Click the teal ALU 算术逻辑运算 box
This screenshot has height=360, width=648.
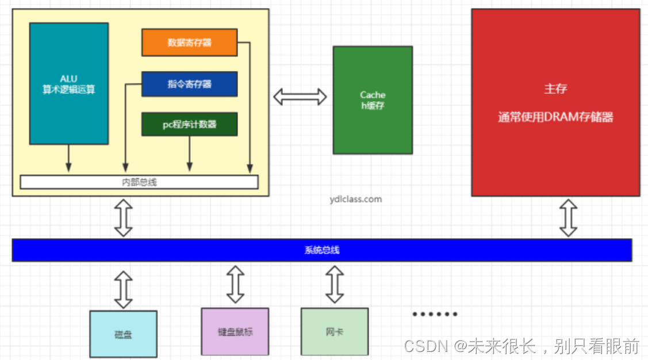[x=69, y=83]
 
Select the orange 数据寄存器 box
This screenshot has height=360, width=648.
[x=189, y=43]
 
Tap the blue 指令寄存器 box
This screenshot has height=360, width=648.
[x=189, y=84]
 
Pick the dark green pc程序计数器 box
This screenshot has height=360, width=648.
[x=189, y=124]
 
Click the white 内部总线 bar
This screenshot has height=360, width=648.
[x=139, y=182]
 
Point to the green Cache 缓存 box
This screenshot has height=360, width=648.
[x=373, y=99]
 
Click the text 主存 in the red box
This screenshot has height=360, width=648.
[x=555, y=89]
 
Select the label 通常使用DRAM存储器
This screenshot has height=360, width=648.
[x=555, y=117]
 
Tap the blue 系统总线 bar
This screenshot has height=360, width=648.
[x=322, y=250]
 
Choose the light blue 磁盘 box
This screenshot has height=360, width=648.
[x=123, y=334]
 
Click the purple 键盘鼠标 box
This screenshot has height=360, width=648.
[x=235, y=331]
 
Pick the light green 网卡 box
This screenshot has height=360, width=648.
[x=334, y=331]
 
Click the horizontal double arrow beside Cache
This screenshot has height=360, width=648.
[x=300, y=97]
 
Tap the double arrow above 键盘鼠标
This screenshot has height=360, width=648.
[x=235, y=284]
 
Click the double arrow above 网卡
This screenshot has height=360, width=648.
[x=334, y=284]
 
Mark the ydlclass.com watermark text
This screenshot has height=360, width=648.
[x=356, y=200]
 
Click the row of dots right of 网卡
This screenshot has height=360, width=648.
[x=435, y=314]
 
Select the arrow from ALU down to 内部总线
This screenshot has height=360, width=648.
[x=68, y=158]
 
